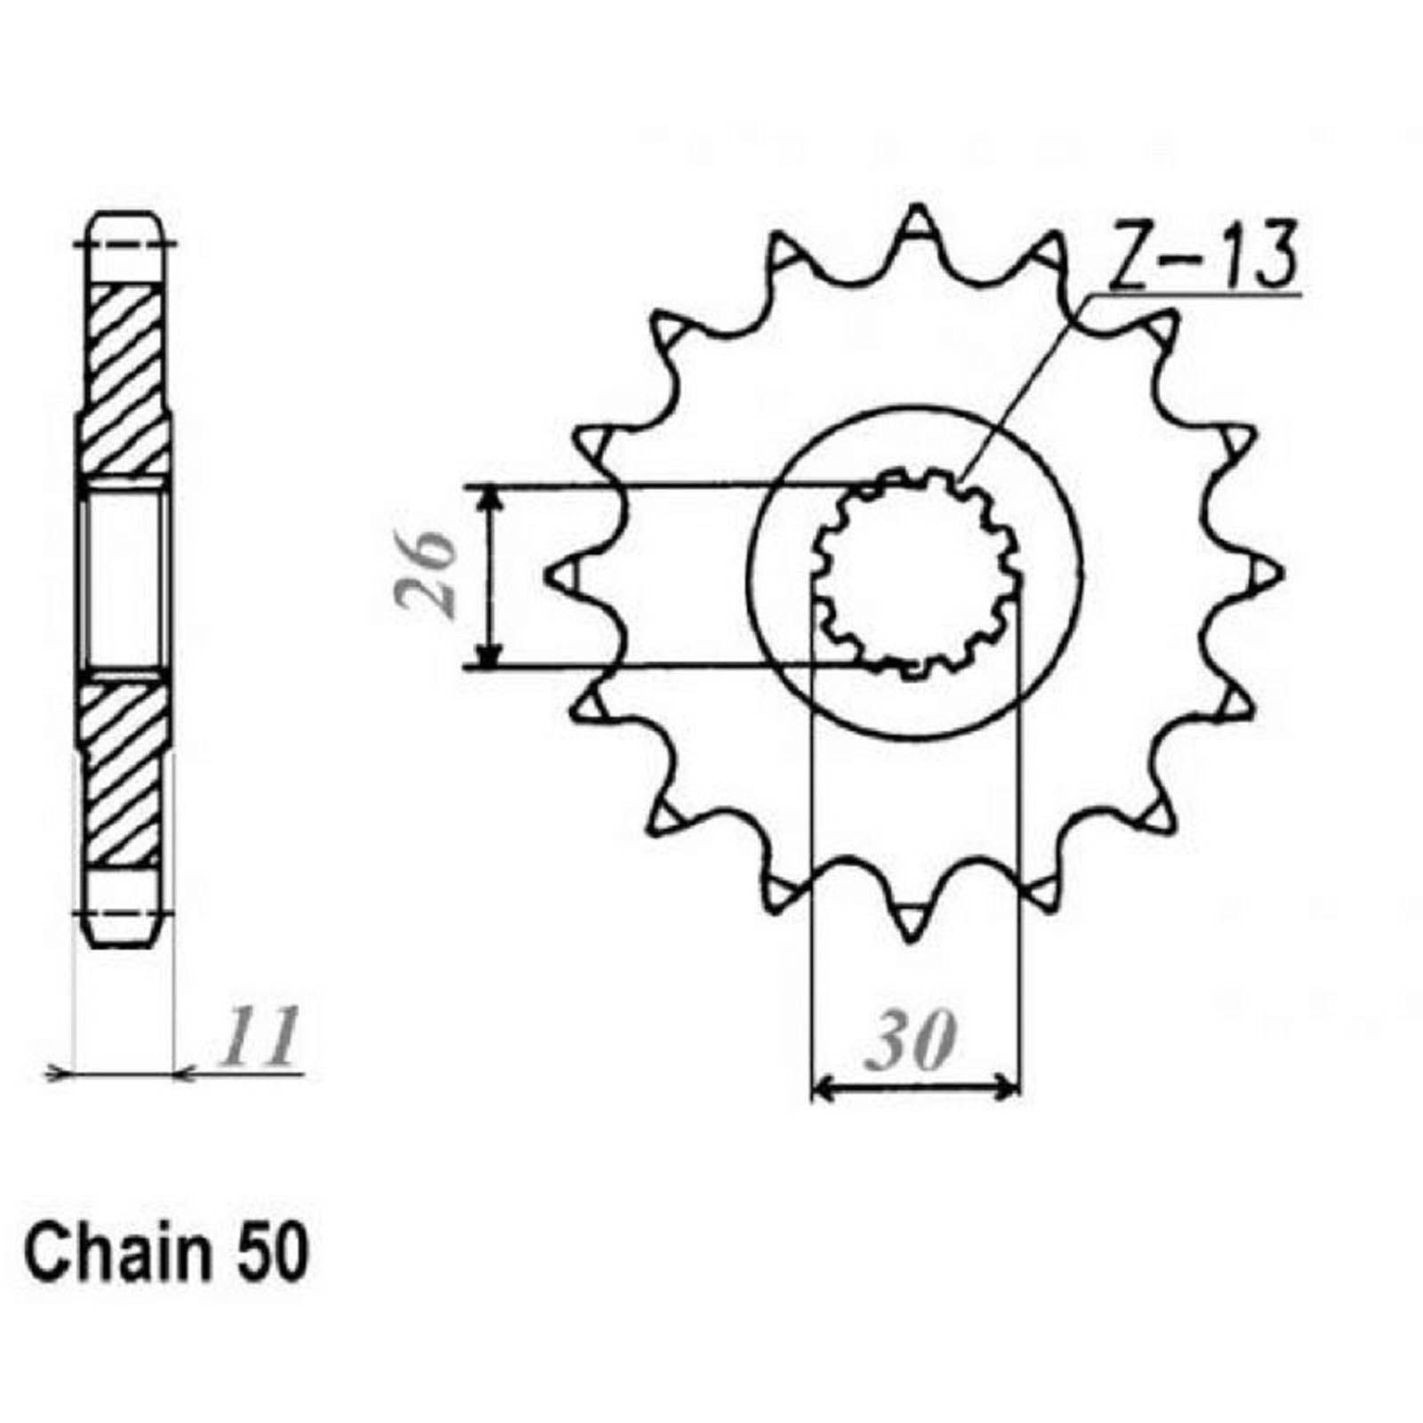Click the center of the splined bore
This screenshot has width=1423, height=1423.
coord(916,574)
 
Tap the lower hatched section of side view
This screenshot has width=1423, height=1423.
coord(123,769)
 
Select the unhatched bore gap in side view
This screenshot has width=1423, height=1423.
coord(123,574)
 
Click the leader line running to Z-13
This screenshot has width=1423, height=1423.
coord(1023,387)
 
